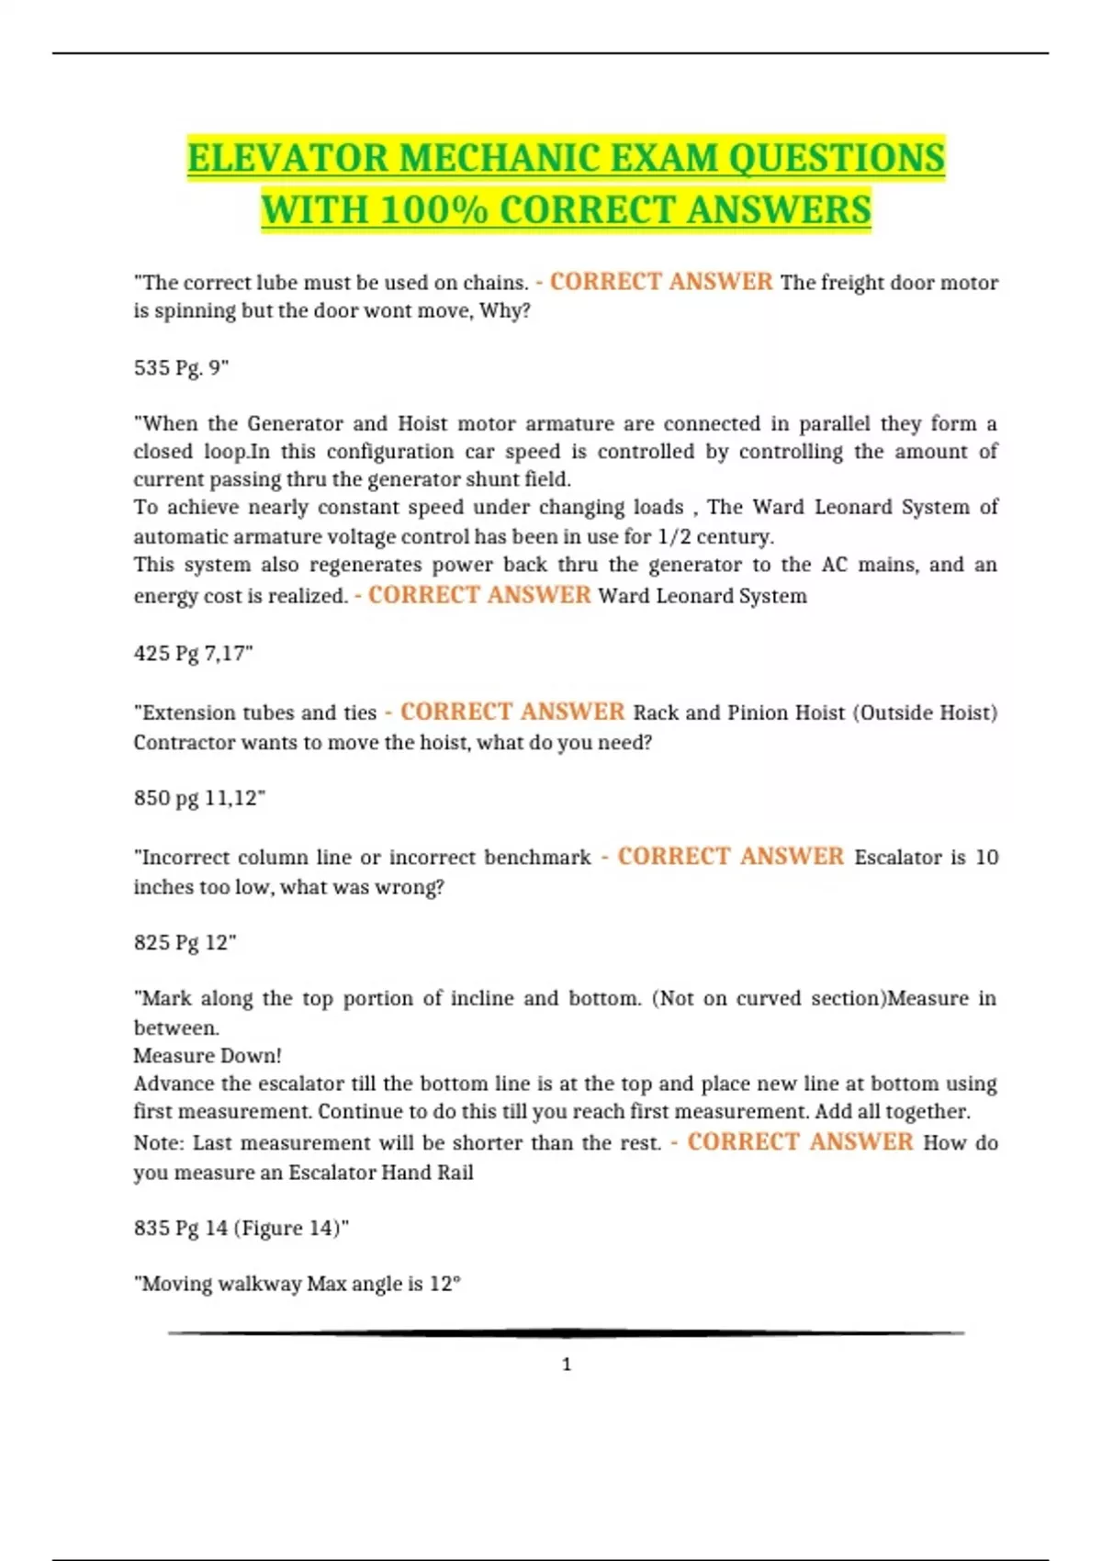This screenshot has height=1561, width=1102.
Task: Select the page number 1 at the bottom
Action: [x=567, y=1364]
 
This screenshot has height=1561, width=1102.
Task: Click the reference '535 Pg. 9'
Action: [x=181, y=368]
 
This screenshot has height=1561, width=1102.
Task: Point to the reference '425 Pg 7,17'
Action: [x=193, y=654]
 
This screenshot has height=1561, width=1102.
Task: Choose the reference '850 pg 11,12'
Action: [x=199, y=798]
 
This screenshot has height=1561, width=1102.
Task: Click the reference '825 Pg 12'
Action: [x=185, y=943]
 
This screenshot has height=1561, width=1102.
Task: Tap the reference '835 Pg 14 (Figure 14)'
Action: [x=242, y=1229]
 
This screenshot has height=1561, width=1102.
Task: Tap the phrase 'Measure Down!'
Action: [x=208, y=1056]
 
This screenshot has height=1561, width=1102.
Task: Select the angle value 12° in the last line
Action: [x=444, y=1285]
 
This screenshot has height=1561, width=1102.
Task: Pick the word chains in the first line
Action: [x=496, y=283]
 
